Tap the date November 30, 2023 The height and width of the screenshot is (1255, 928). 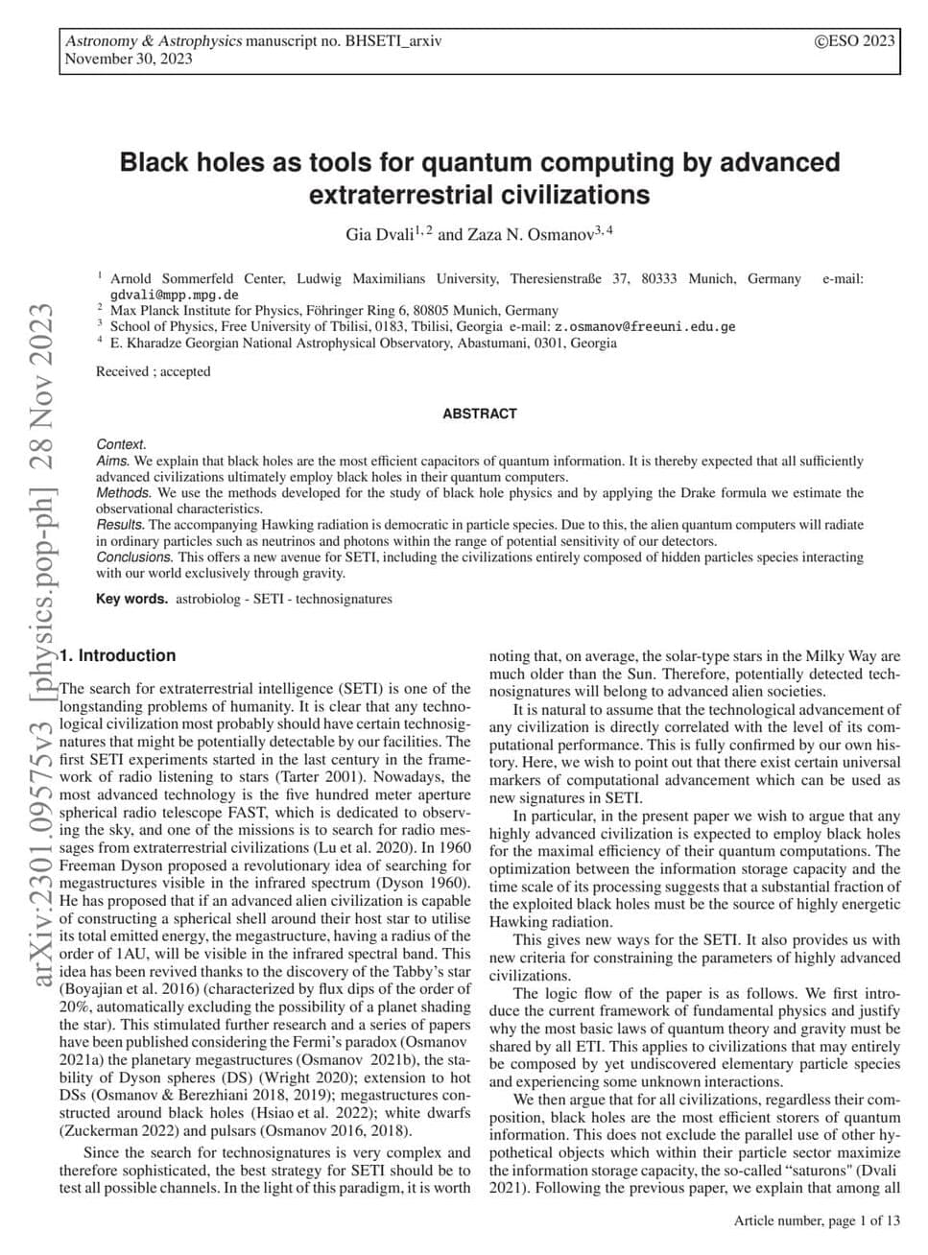[x=128, y=59]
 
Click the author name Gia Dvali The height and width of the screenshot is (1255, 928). [x=380, y=234]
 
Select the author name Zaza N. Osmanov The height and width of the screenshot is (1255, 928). [x=525, y=234]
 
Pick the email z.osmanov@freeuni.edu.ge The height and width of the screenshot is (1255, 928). [x=645, y=326]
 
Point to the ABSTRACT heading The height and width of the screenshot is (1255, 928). [x=480, y=414]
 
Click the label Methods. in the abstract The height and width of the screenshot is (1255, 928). [x=124, y=493]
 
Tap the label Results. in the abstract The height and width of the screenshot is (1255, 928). [x=121, y=525]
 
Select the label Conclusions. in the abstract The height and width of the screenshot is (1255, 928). [x=135, y=556]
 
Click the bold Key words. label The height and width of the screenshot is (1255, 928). [x=132, y=599]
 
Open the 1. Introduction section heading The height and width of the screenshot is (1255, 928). [x=118, y=655]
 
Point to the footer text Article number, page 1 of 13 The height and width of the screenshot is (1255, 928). [x=817, y=1221]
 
